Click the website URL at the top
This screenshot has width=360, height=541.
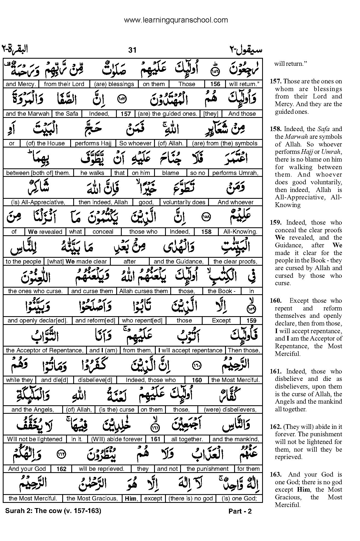176,20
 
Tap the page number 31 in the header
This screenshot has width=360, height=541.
132,50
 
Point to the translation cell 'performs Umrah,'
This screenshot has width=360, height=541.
235,173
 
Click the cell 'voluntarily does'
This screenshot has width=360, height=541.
184,202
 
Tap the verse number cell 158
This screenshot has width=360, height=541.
206,232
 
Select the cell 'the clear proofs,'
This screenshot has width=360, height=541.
235,262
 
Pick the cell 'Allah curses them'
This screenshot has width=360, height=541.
143,291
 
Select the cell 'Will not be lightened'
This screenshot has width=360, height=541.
35,439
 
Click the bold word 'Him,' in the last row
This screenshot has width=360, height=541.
131,498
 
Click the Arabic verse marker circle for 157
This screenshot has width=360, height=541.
121,100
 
